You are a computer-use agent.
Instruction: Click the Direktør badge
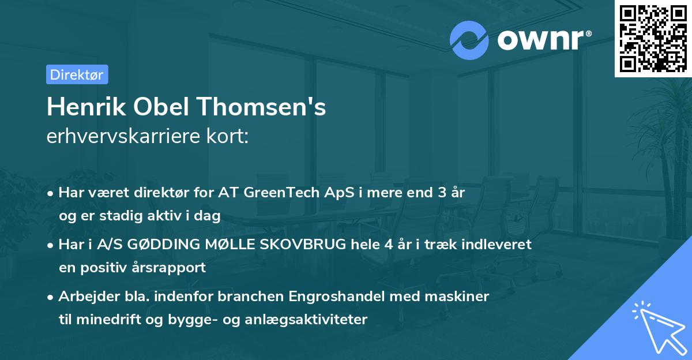pos(77,74)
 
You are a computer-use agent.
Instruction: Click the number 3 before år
pos(440,193)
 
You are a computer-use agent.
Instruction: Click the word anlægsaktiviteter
pos(311,320)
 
